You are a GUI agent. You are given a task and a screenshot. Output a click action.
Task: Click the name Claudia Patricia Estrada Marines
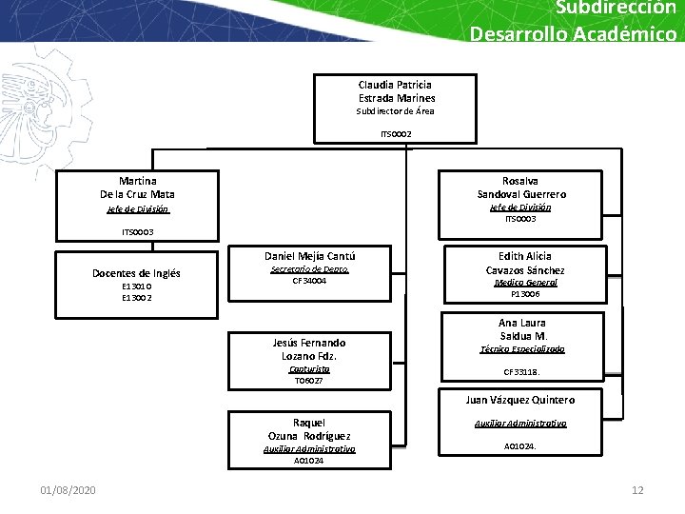pyautogui.click(x=397, y=91)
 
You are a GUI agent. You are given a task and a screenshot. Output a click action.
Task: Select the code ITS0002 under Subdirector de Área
pyautogui.click(x=396, y=134)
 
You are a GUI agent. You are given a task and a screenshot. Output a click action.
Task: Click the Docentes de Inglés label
pyautogui.click(x=136, y=273)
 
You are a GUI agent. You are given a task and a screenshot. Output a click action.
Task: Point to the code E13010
pyautogui.click(x=136, y=286)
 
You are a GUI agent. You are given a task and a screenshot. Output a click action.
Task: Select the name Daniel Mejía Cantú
pyautogui.click(x=309, y=256)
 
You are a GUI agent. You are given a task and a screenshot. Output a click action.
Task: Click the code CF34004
pyautogui.click(x=309, y=281)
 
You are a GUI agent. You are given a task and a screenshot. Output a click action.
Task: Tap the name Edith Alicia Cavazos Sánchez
pyautogui.click(x=525, y=263)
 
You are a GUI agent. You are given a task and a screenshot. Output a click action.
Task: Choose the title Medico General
pyautogui.click(x=525, y=283)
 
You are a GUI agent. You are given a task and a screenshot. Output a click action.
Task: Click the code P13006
pyautogui.click(x=525, y=295)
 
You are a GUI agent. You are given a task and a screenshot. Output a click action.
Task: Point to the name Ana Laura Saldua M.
pyautogui.click(x=523, y=329)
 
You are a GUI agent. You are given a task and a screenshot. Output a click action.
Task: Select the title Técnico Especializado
pyautogui.click(x=522, y=349)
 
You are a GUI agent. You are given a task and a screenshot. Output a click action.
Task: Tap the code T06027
pyautogui.click(x=309, y=381)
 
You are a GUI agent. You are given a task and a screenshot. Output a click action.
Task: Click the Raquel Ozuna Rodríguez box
pyautogui.click(x=309, y=439)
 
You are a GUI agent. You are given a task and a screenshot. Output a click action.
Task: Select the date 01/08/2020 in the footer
pyautogui.click(x=68, y=490)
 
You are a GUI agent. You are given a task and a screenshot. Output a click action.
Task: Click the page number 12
pyautogui.click(x=637, y=490)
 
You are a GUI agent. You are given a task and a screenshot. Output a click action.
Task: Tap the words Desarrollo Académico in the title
pyautogui.click(x=573, y=34)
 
